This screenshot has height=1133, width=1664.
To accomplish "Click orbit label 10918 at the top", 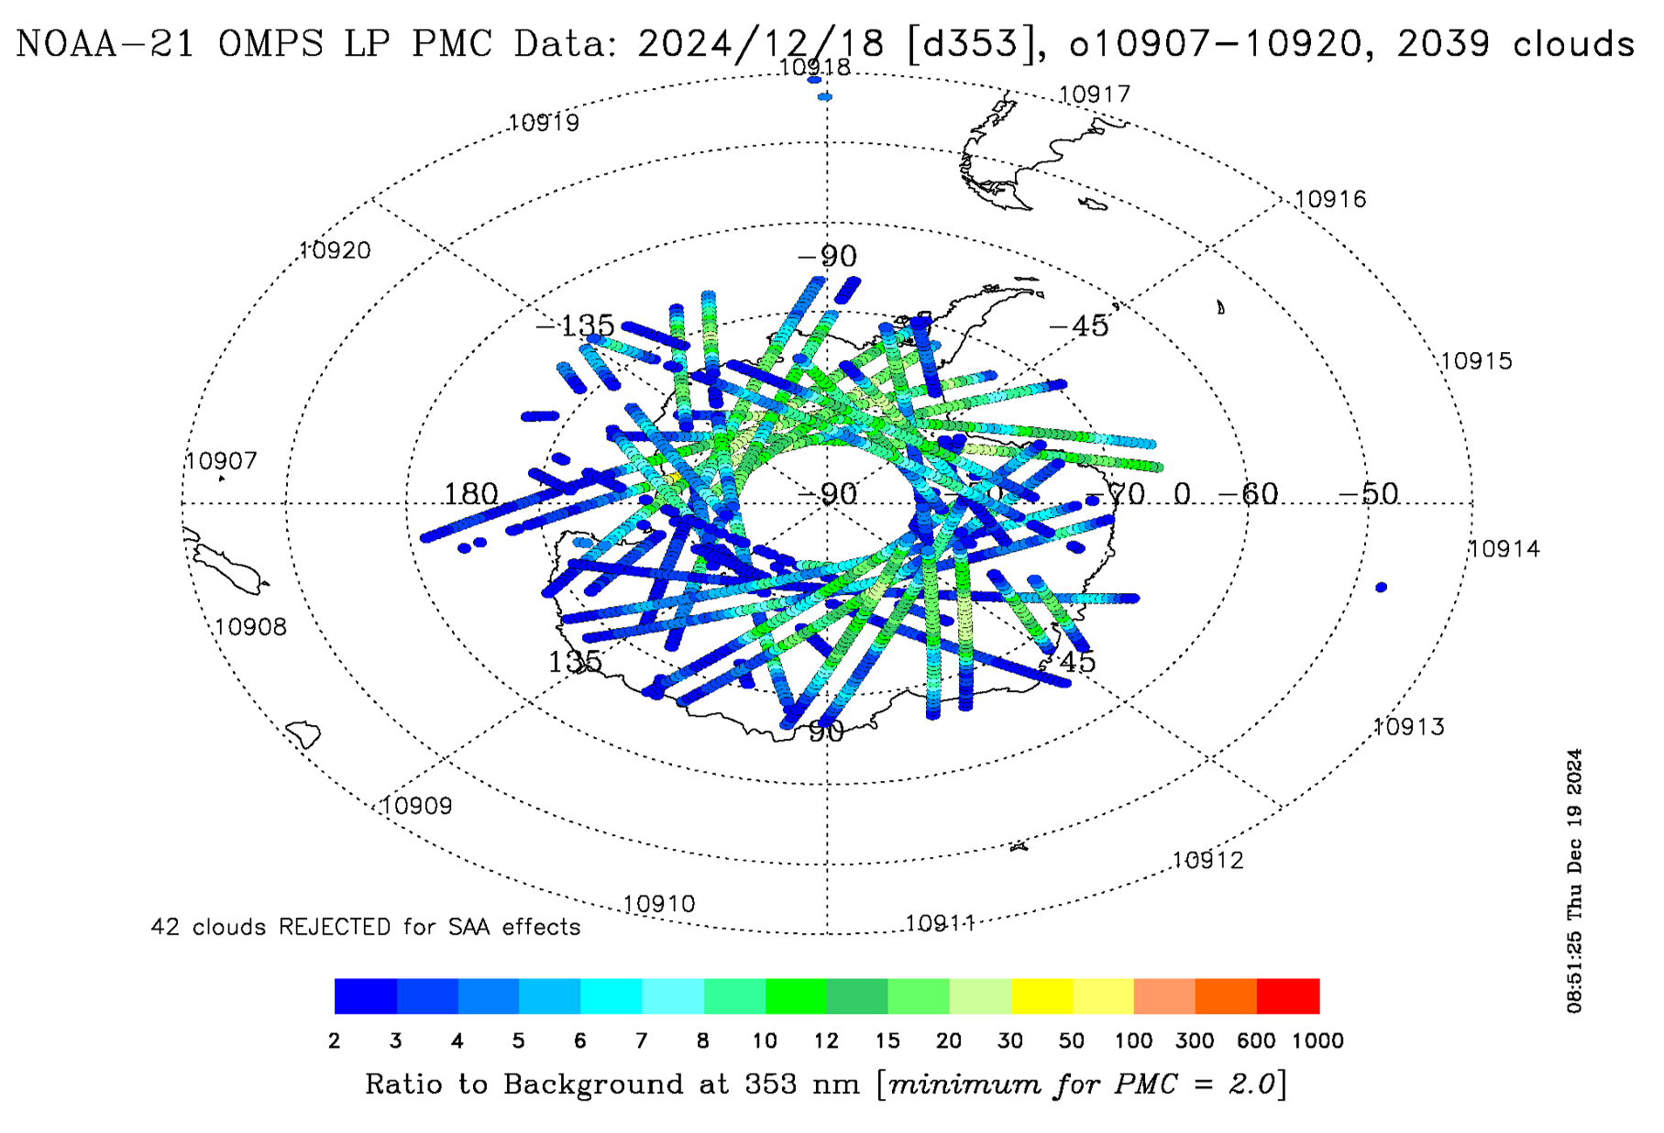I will (x=814, y=67).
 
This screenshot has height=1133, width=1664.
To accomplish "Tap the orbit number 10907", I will (x=221, y=460).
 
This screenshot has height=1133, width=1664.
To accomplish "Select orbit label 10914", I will (x=1504, y=548).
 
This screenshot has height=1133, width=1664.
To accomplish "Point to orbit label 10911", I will (x=940, y=922).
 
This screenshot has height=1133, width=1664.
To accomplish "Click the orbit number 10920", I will (x=335, y=250).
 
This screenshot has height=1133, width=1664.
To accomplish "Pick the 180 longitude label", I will (x=470, y=494).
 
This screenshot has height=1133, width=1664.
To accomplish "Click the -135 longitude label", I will (x=575, y=324).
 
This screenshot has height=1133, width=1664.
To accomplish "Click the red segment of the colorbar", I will (x=1287, y=995).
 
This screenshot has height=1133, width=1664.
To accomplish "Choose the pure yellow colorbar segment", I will (x=1041, y=995).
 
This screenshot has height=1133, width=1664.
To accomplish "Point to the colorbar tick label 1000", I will (x=1317, y=1040).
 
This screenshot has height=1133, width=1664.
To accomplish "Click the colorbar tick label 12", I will (x=826, y=1040).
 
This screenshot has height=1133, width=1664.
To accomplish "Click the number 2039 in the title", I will (x=1443, y=43).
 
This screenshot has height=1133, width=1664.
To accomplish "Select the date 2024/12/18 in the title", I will (x=760, y=43).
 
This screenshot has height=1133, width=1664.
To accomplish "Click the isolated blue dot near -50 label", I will (x=1381, y=587).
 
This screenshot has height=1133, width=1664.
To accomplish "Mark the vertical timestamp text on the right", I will (x=1574, y=880).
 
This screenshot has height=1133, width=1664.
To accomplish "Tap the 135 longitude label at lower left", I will (x=575, y=661).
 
